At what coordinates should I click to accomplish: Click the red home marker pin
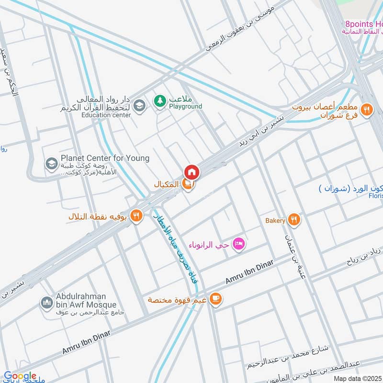coord(191,172)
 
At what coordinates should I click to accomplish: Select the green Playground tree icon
coord(159,101)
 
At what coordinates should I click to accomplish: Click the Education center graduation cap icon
coord(139,106)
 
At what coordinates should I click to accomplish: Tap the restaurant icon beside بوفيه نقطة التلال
coord(136,216)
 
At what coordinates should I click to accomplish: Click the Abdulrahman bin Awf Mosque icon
coord(47,303)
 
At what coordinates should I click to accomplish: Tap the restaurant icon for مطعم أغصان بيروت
coord(367,110)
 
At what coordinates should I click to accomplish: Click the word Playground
coord(185,106)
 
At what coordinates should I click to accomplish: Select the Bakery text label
coord(276,221)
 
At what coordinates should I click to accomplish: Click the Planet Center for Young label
coord(105,158)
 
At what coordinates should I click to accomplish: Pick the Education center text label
coord(106,115)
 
